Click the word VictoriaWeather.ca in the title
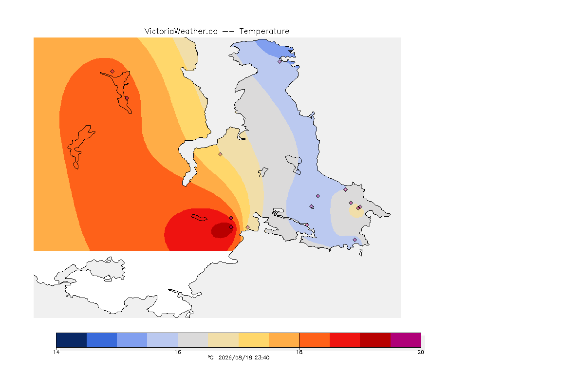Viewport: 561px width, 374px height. click(x=181, y=31)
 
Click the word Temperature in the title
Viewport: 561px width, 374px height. click(x=264, y=31)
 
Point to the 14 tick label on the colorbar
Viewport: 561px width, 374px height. click(x=56, y=352)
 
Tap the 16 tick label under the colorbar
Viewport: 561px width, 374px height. click(x=178, y=352)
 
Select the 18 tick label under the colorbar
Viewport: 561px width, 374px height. click(x=299, y=352)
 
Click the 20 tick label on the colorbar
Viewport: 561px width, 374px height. click(x=421, y=352)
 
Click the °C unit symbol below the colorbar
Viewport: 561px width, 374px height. click(x=210, y=357)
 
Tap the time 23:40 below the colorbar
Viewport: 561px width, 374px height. click(x=262, y=357)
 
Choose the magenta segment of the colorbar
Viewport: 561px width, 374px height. click(x=405, y=340)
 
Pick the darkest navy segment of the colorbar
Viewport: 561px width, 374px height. click(x=72, y=340)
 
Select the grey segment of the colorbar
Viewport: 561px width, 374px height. click(x=193, y=340)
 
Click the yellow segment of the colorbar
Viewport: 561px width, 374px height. click(x=254, y=340)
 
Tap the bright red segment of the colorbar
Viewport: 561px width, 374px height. click(x=345, y=340)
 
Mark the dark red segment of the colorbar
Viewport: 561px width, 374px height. click(x=375, y=340)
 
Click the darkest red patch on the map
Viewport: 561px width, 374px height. click(x=222, y=230)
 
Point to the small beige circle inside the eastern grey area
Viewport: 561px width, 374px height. click(x=356, y=211)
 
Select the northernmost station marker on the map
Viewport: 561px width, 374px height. click(x=280, y=61)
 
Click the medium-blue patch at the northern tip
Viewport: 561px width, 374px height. click(x=276, y=48)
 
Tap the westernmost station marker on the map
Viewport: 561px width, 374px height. click(x=112, y=72)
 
